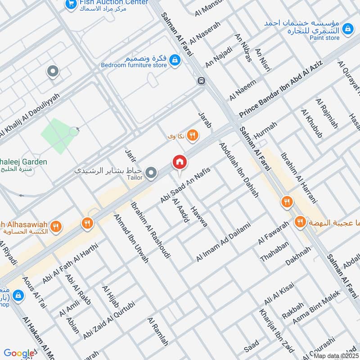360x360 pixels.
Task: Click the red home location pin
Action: pyautogui.click(x=179, y=162)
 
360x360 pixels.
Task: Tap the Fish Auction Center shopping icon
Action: pyautogui.click(x=70, y=4)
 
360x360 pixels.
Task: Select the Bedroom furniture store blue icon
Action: pyautogui.click(x=175, y=60)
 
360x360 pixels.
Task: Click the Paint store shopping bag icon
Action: pyautogui.click(x=347, y=29)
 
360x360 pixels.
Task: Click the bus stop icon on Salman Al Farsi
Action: pyautogui.click(x=201, y=81)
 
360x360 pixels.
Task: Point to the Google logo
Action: pyautogui.click(x=19, y=353)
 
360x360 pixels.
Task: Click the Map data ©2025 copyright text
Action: pyautogui.click(x=335, y=356)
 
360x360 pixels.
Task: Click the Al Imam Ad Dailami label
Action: pyautogui.click(x=223, y=243)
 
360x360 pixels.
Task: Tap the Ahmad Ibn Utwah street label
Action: pyautogui.click(x=131, y=238)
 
